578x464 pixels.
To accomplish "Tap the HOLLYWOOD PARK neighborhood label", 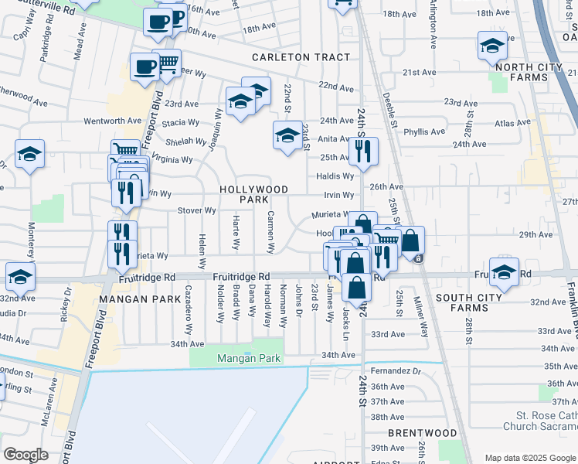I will point(253,194).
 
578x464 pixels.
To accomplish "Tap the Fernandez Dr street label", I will point(396,371).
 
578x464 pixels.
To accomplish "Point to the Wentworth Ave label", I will point(113,121).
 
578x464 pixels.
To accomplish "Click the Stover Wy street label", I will point(197,210).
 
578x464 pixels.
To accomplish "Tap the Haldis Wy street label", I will point(335,176).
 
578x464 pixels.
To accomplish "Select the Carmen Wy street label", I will point(271,232).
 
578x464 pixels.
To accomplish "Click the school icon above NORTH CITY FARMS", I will point(492,46).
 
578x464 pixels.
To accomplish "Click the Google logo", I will point(26,455).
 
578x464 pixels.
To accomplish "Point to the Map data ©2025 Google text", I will point(529,458).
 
